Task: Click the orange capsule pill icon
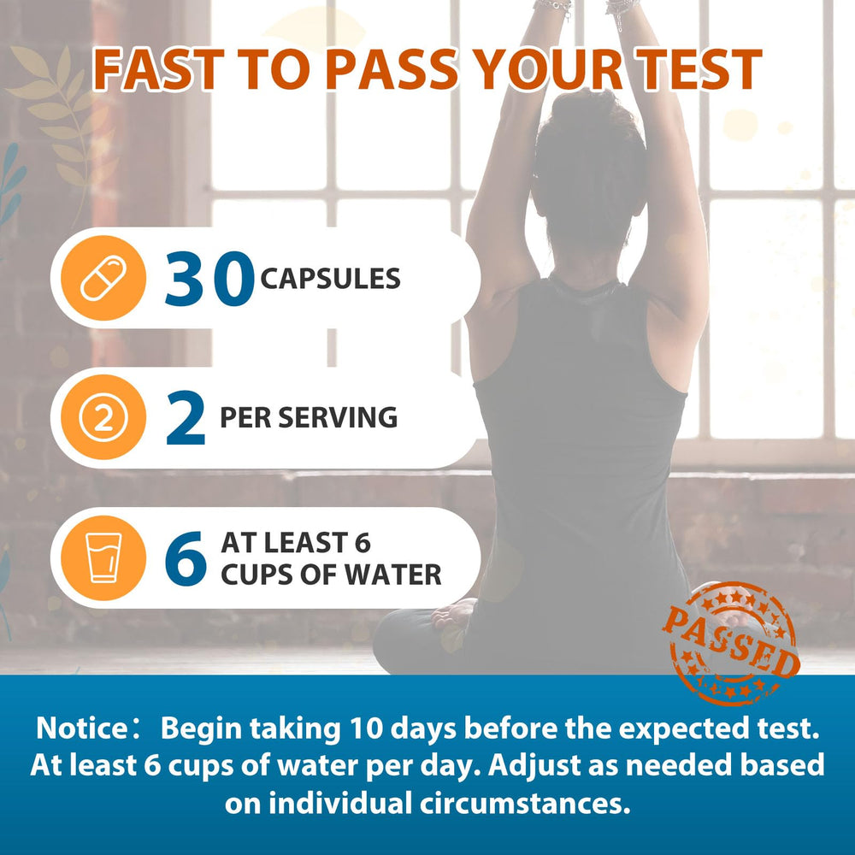coord(103,278)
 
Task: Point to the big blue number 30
coord(209,279)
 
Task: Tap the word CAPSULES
coord(330,279)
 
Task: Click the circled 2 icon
coord(103,418)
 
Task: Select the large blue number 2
coord(186,418)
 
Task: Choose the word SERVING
coord(338,418)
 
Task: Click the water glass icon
coord(103,557)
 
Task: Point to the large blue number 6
coord(186,558)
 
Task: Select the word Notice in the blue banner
coord(82,728)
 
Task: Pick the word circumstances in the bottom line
coord(525,804)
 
